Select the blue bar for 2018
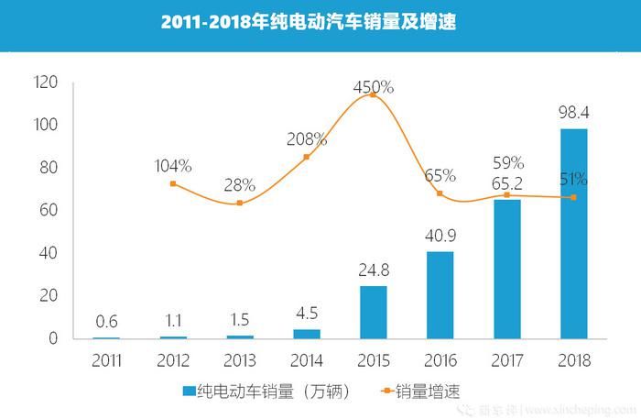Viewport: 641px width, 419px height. coord(574,234)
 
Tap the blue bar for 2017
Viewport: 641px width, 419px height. coord(506,269)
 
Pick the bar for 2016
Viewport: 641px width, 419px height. coord(440,294)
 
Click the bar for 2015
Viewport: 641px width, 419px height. coord(374,312)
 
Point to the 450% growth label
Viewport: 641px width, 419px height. coord(374,87)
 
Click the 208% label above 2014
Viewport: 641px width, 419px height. coord(307,139)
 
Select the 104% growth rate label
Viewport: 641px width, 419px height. coord(173,166)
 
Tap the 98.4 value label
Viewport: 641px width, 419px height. coord(573,114)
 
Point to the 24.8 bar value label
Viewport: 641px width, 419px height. coord(374,271)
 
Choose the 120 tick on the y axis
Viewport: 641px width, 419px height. coord(46,83)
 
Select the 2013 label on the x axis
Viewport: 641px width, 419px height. coord(240,360)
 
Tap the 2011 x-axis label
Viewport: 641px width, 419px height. coord(106,360)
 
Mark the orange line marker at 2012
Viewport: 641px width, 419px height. coord(173,184)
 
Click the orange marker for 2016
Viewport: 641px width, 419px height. coord(440,193)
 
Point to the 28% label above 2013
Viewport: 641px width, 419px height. coord(240,185)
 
